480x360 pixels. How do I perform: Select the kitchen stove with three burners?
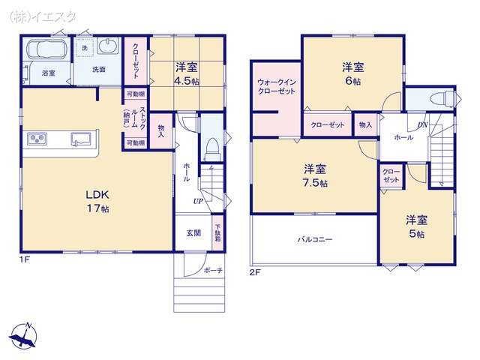click(37, 139)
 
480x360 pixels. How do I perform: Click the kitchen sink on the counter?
click(81, 139)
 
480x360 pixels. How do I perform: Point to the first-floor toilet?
click(212, 145)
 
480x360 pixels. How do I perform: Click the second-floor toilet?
click(442, 98)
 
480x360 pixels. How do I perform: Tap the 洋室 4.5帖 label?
click(185, 73)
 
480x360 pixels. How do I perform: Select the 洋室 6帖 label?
click(352, 73)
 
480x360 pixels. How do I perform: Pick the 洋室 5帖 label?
click(416, 226)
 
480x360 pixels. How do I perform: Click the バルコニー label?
click(314, 240)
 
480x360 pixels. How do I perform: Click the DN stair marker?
click(423, 124)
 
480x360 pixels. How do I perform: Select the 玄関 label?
click(193, 232)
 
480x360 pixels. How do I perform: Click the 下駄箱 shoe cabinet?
click(217, 232)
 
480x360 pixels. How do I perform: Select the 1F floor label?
click(24, 260)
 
